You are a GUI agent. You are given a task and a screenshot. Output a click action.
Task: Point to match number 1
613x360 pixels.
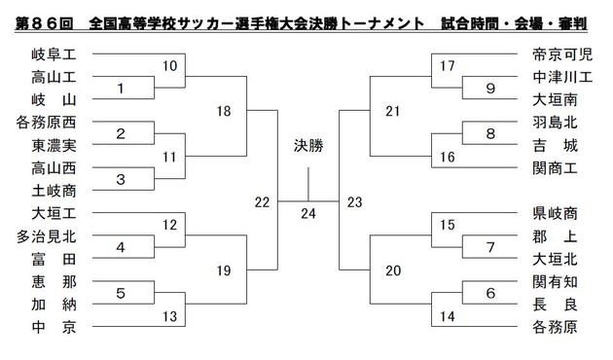(121, 89)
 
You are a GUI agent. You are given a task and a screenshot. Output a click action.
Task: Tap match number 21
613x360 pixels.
(392, 112)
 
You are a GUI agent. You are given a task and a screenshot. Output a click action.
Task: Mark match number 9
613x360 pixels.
(489, 89)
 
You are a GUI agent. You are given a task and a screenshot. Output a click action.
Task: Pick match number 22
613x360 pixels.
(260, 201)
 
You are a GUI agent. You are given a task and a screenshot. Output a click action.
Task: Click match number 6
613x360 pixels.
(489, 293)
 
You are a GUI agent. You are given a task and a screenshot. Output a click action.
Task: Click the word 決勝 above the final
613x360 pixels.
(307, 147)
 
